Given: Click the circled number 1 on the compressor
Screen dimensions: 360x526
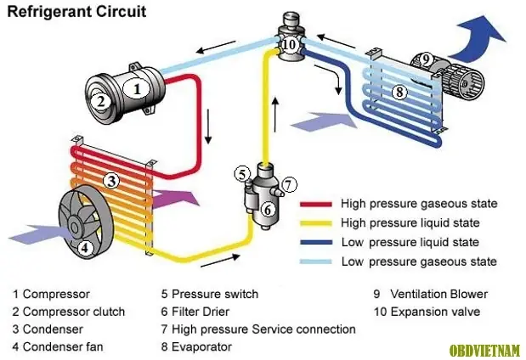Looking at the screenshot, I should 136,86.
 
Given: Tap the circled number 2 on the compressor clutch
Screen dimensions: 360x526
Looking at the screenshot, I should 100,101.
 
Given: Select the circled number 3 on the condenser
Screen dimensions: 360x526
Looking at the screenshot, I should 110,180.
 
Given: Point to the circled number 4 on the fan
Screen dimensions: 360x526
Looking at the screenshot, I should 84,249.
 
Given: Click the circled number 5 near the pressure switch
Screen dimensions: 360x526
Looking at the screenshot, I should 242,175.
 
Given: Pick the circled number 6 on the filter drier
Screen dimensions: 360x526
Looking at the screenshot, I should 267,209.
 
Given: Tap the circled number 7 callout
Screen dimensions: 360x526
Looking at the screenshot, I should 289,184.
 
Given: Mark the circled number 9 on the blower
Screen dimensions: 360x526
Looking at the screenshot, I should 427,59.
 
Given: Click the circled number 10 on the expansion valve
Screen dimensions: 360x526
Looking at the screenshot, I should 290,43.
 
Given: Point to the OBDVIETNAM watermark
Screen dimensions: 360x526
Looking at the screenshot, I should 485,349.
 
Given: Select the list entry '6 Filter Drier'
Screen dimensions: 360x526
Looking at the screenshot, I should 203,312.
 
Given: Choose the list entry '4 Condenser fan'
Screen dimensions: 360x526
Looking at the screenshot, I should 58,346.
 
